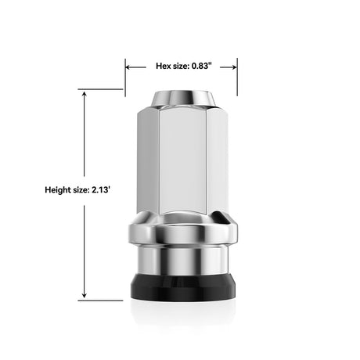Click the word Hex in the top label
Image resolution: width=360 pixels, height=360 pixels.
click(164, 67)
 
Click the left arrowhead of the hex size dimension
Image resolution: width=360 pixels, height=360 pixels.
click(128, 67)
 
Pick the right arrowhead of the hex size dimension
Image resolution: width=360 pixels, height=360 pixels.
click(234, 67)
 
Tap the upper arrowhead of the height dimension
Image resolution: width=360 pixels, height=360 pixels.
click(83, 93)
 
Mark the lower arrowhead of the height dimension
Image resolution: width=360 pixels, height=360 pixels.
click(83, 296)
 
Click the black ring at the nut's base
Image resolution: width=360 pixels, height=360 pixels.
click(181, 286)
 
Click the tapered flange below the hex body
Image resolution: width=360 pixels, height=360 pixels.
click(181, 232)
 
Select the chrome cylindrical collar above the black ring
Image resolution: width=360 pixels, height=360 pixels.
click(181, 258)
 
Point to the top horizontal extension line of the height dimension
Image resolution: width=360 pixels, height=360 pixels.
click(102, 89)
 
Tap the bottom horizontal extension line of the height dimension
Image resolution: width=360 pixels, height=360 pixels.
click(102, 300)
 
